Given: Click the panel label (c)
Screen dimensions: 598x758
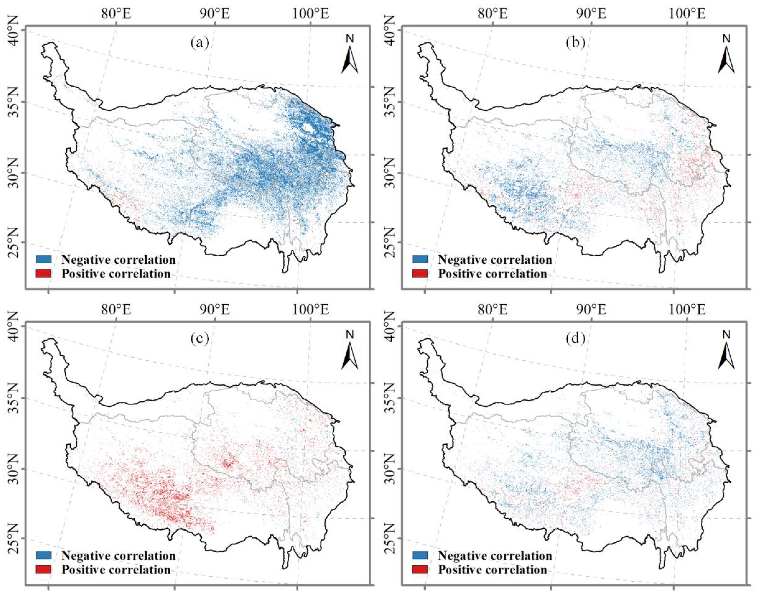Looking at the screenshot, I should (200, 339).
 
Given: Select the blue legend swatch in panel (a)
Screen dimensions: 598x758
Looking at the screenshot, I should (44, 259).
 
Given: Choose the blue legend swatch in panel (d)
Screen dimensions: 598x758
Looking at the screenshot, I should (420, 555).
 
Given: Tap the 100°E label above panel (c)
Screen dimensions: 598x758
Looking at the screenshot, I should (311, 310).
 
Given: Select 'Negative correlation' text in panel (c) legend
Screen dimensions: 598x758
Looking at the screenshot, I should (118, 555).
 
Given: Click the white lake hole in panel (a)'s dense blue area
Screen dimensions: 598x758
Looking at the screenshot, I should (308, 129).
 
